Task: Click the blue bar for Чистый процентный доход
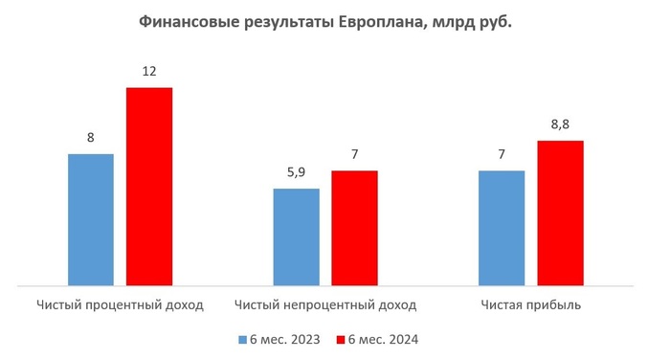point(91,219)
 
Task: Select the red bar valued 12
point(149,187)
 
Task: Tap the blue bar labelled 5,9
point(297,236)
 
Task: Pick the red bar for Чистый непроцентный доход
point(355,228)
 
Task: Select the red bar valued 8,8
point(561,213)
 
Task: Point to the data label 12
point(149,72)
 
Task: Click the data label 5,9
point(297,173)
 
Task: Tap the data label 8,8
point(561,125)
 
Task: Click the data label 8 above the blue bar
point(91,138)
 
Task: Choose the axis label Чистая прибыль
point(532,305)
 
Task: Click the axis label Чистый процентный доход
point(121,305)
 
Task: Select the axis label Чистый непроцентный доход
point(325,305)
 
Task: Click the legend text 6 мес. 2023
point(284,340)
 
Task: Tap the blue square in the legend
point(243,340)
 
